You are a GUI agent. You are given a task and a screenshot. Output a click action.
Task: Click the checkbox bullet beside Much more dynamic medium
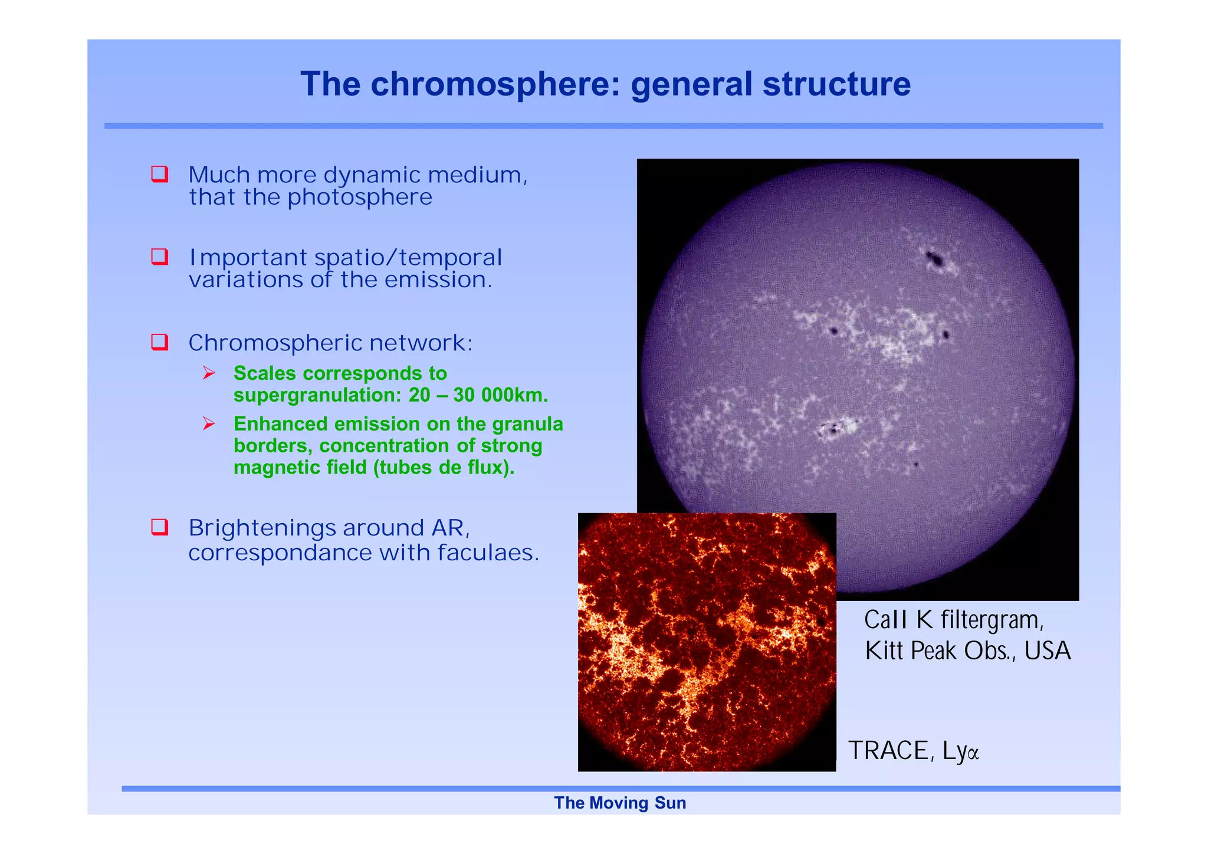[160, 175]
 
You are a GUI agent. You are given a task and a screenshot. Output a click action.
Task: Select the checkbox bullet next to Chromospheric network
[160, 342]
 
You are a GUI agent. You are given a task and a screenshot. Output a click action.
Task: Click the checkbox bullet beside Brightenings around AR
[160, 527]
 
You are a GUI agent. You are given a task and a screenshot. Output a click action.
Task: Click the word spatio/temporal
[408, 258]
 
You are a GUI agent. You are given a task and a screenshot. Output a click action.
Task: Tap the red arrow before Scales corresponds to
[209, 373]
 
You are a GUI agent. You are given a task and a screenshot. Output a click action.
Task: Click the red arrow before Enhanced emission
[209, 423]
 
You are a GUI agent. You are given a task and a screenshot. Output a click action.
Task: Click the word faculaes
[488, 553]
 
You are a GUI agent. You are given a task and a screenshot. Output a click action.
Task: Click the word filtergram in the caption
[991, 620]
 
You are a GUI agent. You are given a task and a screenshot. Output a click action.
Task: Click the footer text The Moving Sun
[620, 803]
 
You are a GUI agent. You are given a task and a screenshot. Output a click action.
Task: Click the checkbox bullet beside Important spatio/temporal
[160, 257]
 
